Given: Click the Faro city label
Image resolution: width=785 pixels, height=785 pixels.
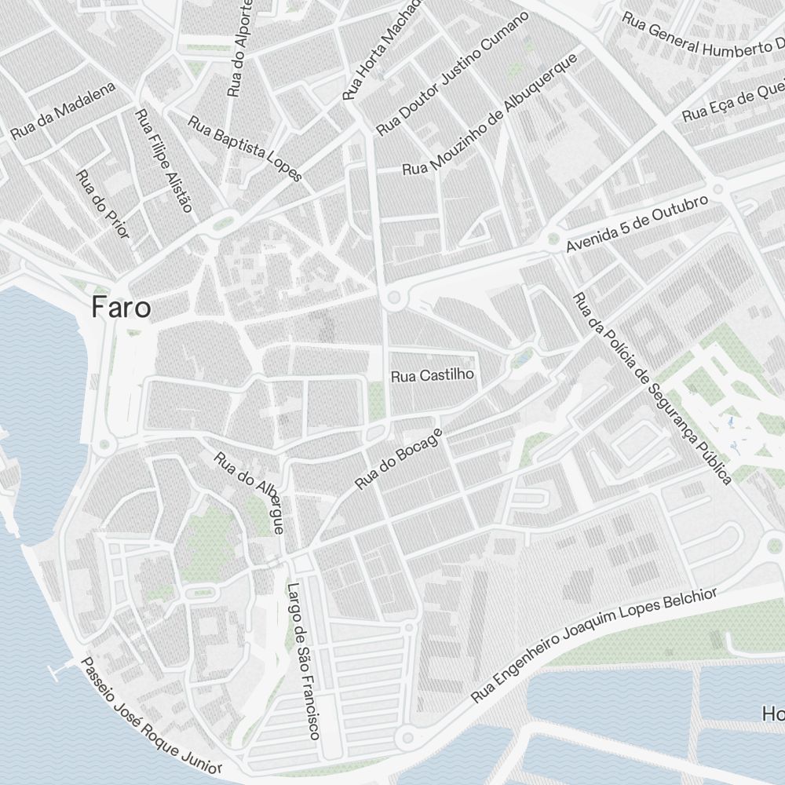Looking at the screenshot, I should point(121,307).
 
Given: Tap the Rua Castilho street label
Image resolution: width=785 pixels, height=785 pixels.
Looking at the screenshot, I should point(433,374).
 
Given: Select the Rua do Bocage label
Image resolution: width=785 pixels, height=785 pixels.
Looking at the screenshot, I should point(399,458).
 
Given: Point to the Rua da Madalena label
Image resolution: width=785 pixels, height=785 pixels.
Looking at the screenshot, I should point(63,111).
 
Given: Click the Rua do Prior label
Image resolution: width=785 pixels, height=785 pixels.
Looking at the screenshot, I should point(103,204).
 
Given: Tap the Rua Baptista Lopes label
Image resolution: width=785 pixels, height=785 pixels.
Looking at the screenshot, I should point(245,148).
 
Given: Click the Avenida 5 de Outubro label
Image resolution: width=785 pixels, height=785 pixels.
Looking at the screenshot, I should point(637,224).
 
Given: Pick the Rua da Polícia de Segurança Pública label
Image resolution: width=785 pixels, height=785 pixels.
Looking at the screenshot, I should point(652,388).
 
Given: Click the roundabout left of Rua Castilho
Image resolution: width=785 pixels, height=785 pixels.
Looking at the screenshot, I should point(393,298).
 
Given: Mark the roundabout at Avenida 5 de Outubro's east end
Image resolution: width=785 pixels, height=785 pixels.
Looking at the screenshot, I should point(717,189).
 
